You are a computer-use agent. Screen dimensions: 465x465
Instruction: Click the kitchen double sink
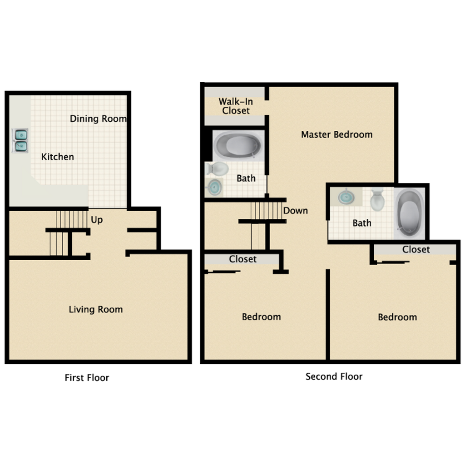tap(20, 140)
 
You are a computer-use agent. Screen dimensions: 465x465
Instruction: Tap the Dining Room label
tap(98, 119)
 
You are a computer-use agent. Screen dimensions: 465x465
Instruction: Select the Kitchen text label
tap(58, 157)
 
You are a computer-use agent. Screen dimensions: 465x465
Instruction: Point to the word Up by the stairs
tap(97, 220)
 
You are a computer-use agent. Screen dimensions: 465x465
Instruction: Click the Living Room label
tap(96, 309)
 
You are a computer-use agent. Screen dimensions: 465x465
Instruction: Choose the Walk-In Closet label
tap(235, 106)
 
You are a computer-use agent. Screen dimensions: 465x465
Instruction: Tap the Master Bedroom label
tap(336, 134)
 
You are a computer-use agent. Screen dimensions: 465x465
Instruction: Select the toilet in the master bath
tap(218, 169)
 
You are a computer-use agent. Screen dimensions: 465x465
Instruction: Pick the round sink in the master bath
tap(214, 187)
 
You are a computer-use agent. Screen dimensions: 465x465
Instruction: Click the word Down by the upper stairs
tap(295, 211)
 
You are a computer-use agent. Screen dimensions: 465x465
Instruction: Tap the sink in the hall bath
tap(346, 197)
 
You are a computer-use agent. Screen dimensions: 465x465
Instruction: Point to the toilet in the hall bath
tap(377, 200)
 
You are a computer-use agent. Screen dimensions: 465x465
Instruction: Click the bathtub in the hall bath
tap(409, 213)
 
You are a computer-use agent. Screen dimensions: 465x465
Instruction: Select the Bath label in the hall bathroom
tap(362, 223)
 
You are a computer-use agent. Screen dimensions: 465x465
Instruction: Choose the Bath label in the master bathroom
tap(246, 178)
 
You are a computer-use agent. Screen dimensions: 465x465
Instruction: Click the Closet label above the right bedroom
tap(416, 249)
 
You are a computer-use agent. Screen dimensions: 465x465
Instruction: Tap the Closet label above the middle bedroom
tap(243, 259)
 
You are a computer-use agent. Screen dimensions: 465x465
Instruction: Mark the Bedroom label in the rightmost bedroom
tap(397, 317)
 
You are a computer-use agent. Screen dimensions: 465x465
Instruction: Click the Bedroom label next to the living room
tap(261, 317)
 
